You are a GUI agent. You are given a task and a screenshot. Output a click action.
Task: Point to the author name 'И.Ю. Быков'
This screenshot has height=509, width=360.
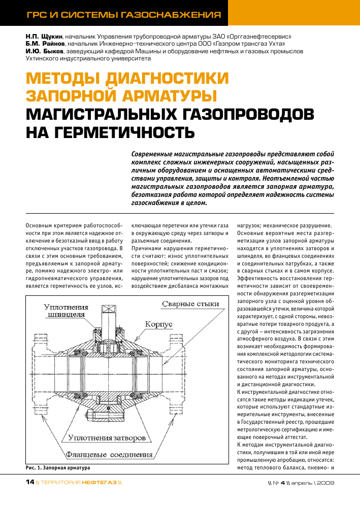click(x=44, y=51)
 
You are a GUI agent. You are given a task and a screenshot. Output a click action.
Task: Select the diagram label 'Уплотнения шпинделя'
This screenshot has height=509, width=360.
click(x=66, y=311)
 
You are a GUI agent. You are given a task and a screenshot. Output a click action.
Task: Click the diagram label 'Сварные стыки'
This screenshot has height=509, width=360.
click(x=190, y=304)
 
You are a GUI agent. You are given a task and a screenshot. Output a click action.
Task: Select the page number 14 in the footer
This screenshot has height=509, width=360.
click(x=30, y=482)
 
